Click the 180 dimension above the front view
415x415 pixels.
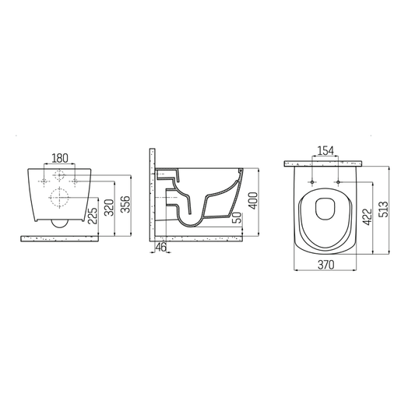(59, 158)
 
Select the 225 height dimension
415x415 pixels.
(93, 214)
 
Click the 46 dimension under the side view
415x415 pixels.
(161, 247)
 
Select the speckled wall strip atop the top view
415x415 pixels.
(324, 164)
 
